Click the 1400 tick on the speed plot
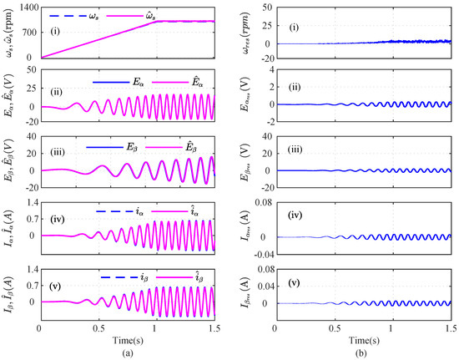click(x=27, y=7)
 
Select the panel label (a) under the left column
click(x=127, y=351)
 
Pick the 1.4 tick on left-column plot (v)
click(x=30, y=267)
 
